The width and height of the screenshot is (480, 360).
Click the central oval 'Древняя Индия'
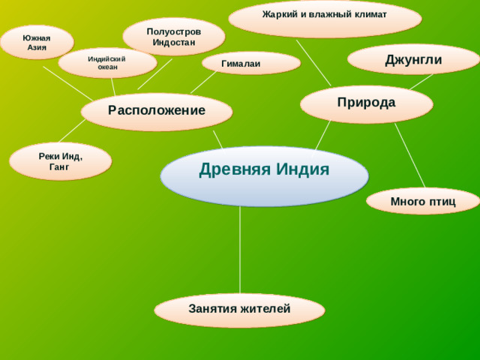(x=264, y=176)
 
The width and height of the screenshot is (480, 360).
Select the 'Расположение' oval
(x=157, y=112)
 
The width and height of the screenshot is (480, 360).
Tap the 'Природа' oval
(x=366, y=103)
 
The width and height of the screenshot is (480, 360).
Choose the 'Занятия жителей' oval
(x=239, y=309)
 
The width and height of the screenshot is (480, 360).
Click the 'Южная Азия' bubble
(x=37, y=42)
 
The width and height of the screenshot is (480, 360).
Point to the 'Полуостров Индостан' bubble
(x=173, y=36)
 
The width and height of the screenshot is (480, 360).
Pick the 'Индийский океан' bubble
(x=107, y=63)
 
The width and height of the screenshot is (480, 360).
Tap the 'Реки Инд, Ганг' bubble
(x=60, y=161)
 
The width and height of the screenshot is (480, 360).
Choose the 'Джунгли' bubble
(x=413, y=60)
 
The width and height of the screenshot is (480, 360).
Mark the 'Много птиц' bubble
(x=423, y=201)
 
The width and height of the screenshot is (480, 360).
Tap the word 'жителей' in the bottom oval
(x=265, y=308)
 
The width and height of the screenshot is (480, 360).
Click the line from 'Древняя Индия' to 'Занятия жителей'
(x=240, y=247)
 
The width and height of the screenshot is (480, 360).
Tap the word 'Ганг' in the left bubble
(x=59, y=167)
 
